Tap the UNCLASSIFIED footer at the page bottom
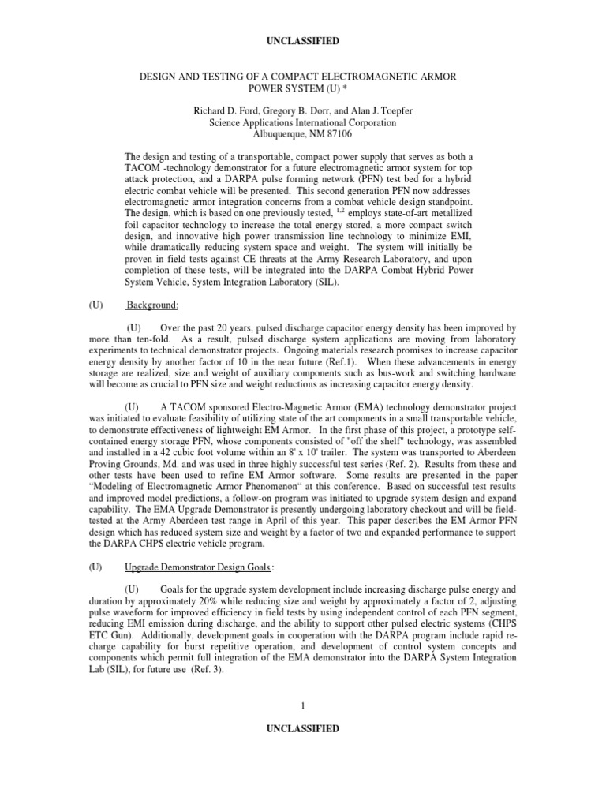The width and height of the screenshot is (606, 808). (302, 729)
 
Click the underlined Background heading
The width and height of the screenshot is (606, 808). (155, 305)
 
